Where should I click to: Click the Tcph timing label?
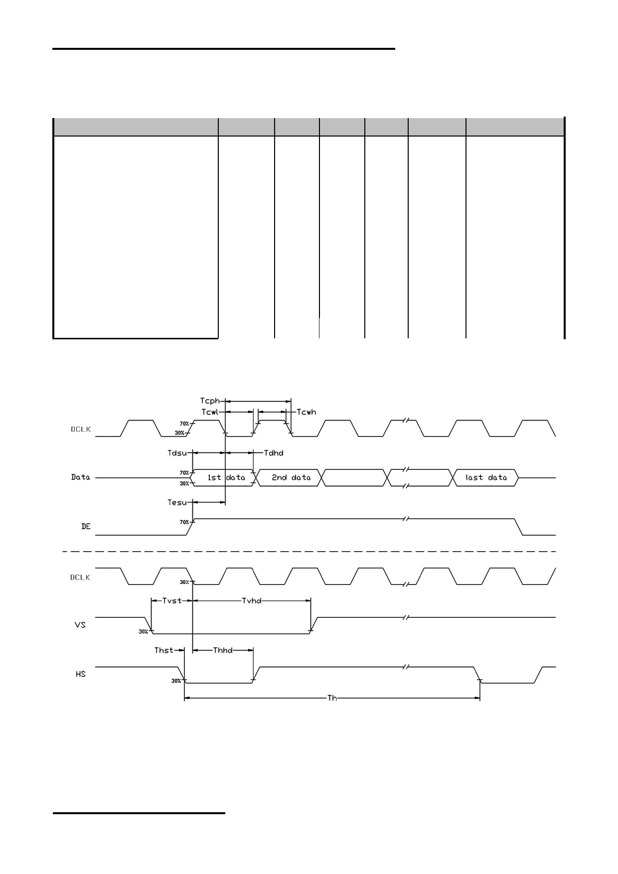point(210,401)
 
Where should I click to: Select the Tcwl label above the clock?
point(210,412)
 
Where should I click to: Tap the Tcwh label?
point(307,412)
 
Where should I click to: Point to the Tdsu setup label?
point(177,453)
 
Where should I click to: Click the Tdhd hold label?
point(274,453)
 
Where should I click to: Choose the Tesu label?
point(177,502)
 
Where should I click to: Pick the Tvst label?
point(172,601)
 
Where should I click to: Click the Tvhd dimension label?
point(252,601)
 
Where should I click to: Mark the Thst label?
point(164,650)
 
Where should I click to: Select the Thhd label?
point(223,650)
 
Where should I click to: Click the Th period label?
point(332,698)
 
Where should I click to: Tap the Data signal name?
point(80,477)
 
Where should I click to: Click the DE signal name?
point(86,527)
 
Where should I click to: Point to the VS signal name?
point(80,625)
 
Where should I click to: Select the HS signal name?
point(80,674)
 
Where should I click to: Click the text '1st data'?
point(226,477)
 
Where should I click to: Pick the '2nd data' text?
point(291,477)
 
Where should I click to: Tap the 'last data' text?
point(486,477)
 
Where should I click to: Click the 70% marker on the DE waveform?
point(184,522)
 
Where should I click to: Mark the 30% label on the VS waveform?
point(143,632)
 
